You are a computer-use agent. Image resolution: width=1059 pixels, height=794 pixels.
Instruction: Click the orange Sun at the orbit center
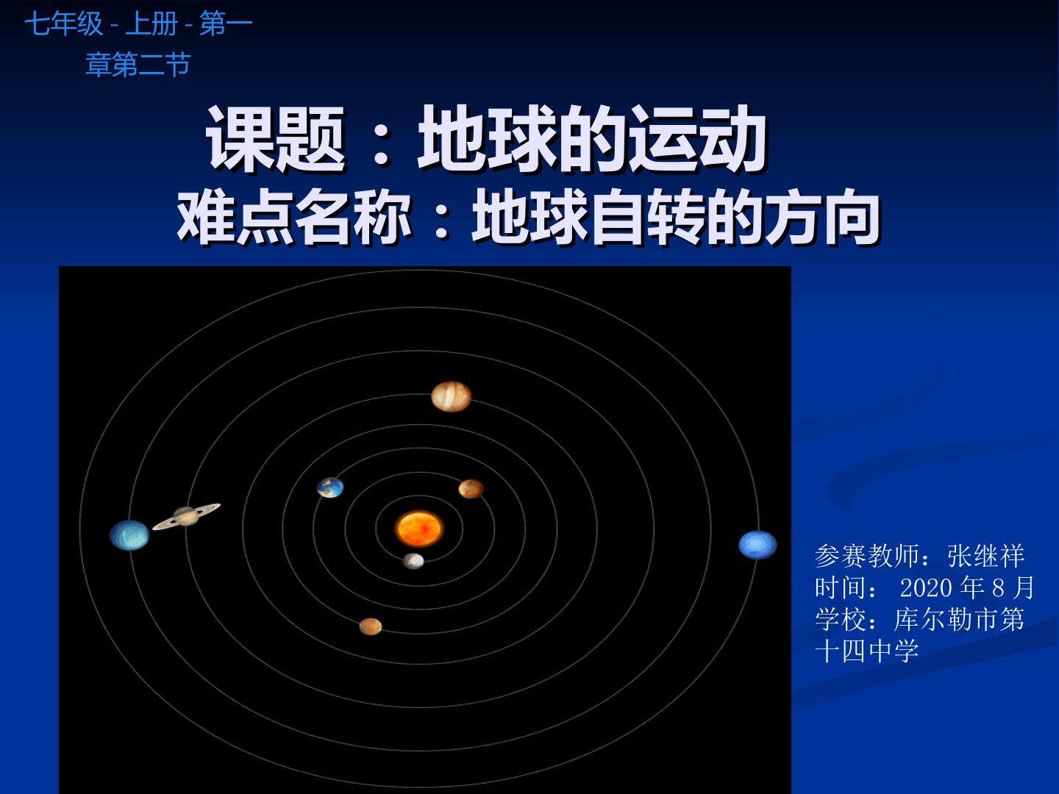pyautogui.click(x=418, y=527)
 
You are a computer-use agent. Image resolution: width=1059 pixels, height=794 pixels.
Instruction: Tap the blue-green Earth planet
pyautogui.click(x=330, y=487)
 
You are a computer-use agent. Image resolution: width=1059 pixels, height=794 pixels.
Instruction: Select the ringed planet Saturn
pyautogui.click(x=186, y=516)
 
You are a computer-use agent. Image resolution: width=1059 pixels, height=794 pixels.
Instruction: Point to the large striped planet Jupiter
pyautogui.click(x=451, y=396)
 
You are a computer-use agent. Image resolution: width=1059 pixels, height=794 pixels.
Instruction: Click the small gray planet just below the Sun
pyautogui.click(x=413, y=561)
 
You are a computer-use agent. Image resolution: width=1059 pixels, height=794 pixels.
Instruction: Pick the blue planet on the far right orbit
pyautogui.click(x=757, y=545)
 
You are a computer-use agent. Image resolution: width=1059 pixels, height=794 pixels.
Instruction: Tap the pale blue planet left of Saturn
pyautogui.click(x=129, y=535)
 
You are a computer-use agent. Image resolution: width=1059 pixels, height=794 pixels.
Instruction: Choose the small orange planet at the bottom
pyautogui.click(x=371, y=626)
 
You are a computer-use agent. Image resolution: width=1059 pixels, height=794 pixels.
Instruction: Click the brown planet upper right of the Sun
pyautogui.click(x=471, y=488)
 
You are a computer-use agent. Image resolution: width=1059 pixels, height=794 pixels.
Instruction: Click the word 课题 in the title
pyautogui.click(x=276, y=138)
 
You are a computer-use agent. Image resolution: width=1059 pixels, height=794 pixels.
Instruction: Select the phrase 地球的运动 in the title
pyautogui.click(x=593, y=138)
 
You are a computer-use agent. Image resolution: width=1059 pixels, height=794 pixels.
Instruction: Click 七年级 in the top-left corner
pyautogui.click(x=64, y=24)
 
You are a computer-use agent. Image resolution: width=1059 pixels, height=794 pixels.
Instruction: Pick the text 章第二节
pyautogui.click(x=138, y=65)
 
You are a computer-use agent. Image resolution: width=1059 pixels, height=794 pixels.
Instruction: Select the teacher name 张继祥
pyautogui.click(x=985, y=556)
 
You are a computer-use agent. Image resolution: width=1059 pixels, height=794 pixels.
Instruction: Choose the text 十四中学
pyautogui.click(x=867, y=651)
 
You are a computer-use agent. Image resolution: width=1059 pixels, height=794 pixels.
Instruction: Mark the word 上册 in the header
pyautogui.click(x=151, y=24)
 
